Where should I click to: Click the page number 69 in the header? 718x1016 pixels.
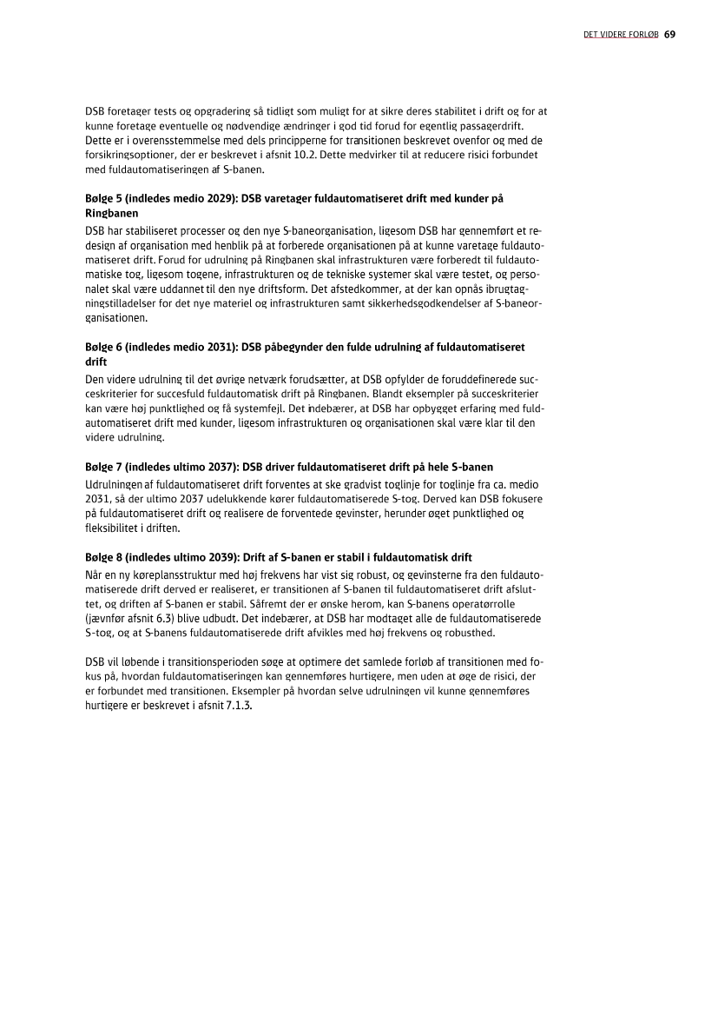(670, 36)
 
